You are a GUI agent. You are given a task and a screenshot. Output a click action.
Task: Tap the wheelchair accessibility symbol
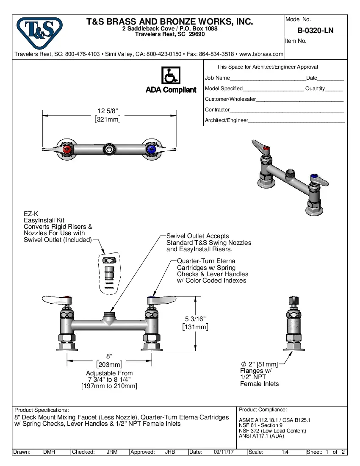pyautogui.click(x=171, y=76)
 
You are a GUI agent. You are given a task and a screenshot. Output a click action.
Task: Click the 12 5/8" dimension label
pyautogui.click(x=108, y=111)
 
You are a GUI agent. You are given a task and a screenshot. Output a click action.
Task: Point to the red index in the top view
pyautogui.click(x=67, y=150)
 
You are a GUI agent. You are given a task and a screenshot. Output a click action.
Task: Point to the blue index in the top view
pyautogui.click(x=151, y=150)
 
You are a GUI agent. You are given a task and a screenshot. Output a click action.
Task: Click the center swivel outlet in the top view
pyautogui.click(x=110, y=149)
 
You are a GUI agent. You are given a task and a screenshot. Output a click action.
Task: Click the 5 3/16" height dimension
pyautogui.click(x=196, y=318)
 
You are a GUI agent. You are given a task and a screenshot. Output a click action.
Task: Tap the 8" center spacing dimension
pyautogui.click(x=109, y=356)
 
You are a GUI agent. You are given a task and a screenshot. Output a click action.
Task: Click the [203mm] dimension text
pyautogui.click(x=109, y=364)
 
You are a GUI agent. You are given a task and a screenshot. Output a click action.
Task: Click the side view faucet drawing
pyautogui.click(x=294, y=324)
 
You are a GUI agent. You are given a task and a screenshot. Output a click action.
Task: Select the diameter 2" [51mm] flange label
pyautogui.click(x=259, y=364)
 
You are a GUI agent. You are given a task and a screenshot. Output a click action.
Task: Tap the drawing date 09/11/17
pyautogui.click(x=224, y=452)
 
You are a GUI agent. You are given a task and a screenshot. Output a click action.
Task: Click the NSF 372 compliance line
pyautogui.click(x=266, y=431)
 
